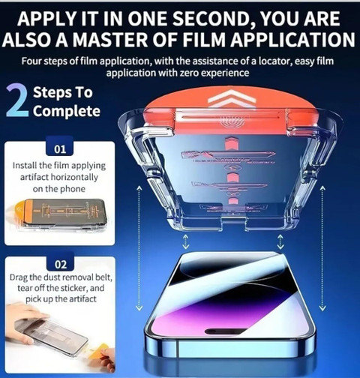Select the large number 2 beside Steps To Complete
[17, 100]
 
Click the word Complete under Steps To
[67, 111]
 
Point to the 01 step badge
[60, 149]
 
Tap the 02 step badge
[61, 264]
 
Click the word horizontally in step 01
[74, 177]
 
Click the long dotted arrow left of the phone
[139, 248]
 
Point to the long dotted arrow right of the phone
[322, 248]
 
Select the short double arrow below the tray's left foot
[185, 241]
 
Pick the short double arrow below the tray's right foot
[280, 241]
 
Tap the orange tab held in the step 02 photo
[102, 348]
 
